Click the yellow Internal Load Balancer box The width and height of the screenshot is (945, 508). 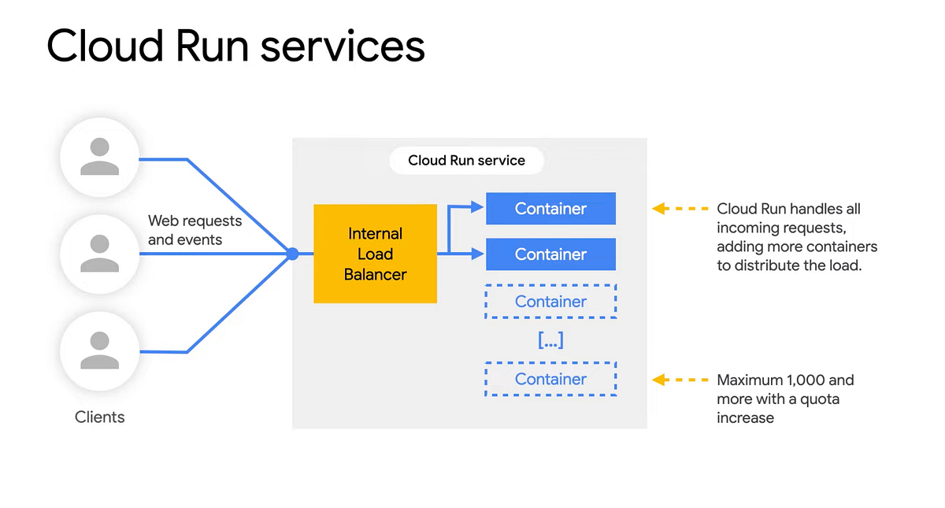click(375, 254)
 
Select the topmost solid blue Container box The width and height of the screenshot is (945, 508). click(550, 209)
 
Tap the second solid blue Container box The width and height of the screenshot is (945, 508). click(550, 254)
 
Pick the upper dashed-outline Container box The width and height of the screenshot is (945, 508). click(550, 302)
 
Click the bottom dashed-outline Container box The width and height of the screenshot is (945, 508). click(550, 379)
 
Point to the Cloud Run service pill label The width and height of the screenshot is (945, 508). click(466, 161)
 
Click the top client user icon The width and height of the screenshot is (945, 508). click(99, 157)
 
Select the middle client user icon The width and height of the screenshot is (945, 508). click(99, 254)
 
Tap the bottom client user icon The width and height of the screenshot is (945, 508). click(99, 350)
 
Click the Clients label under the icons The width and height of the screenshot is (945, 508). click(99, 417)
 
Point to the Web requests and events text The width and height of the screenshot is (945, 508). click(195, 230)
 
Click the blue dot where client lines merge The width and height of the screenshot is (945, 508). click(292, 254)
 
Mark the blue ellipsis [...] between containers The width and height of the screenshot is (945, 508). click(550, 341)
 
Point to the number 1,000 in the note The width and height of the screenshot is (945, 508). click(799, 380)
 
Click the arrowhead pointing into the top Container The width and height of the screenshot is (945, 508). click(476, 208)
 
